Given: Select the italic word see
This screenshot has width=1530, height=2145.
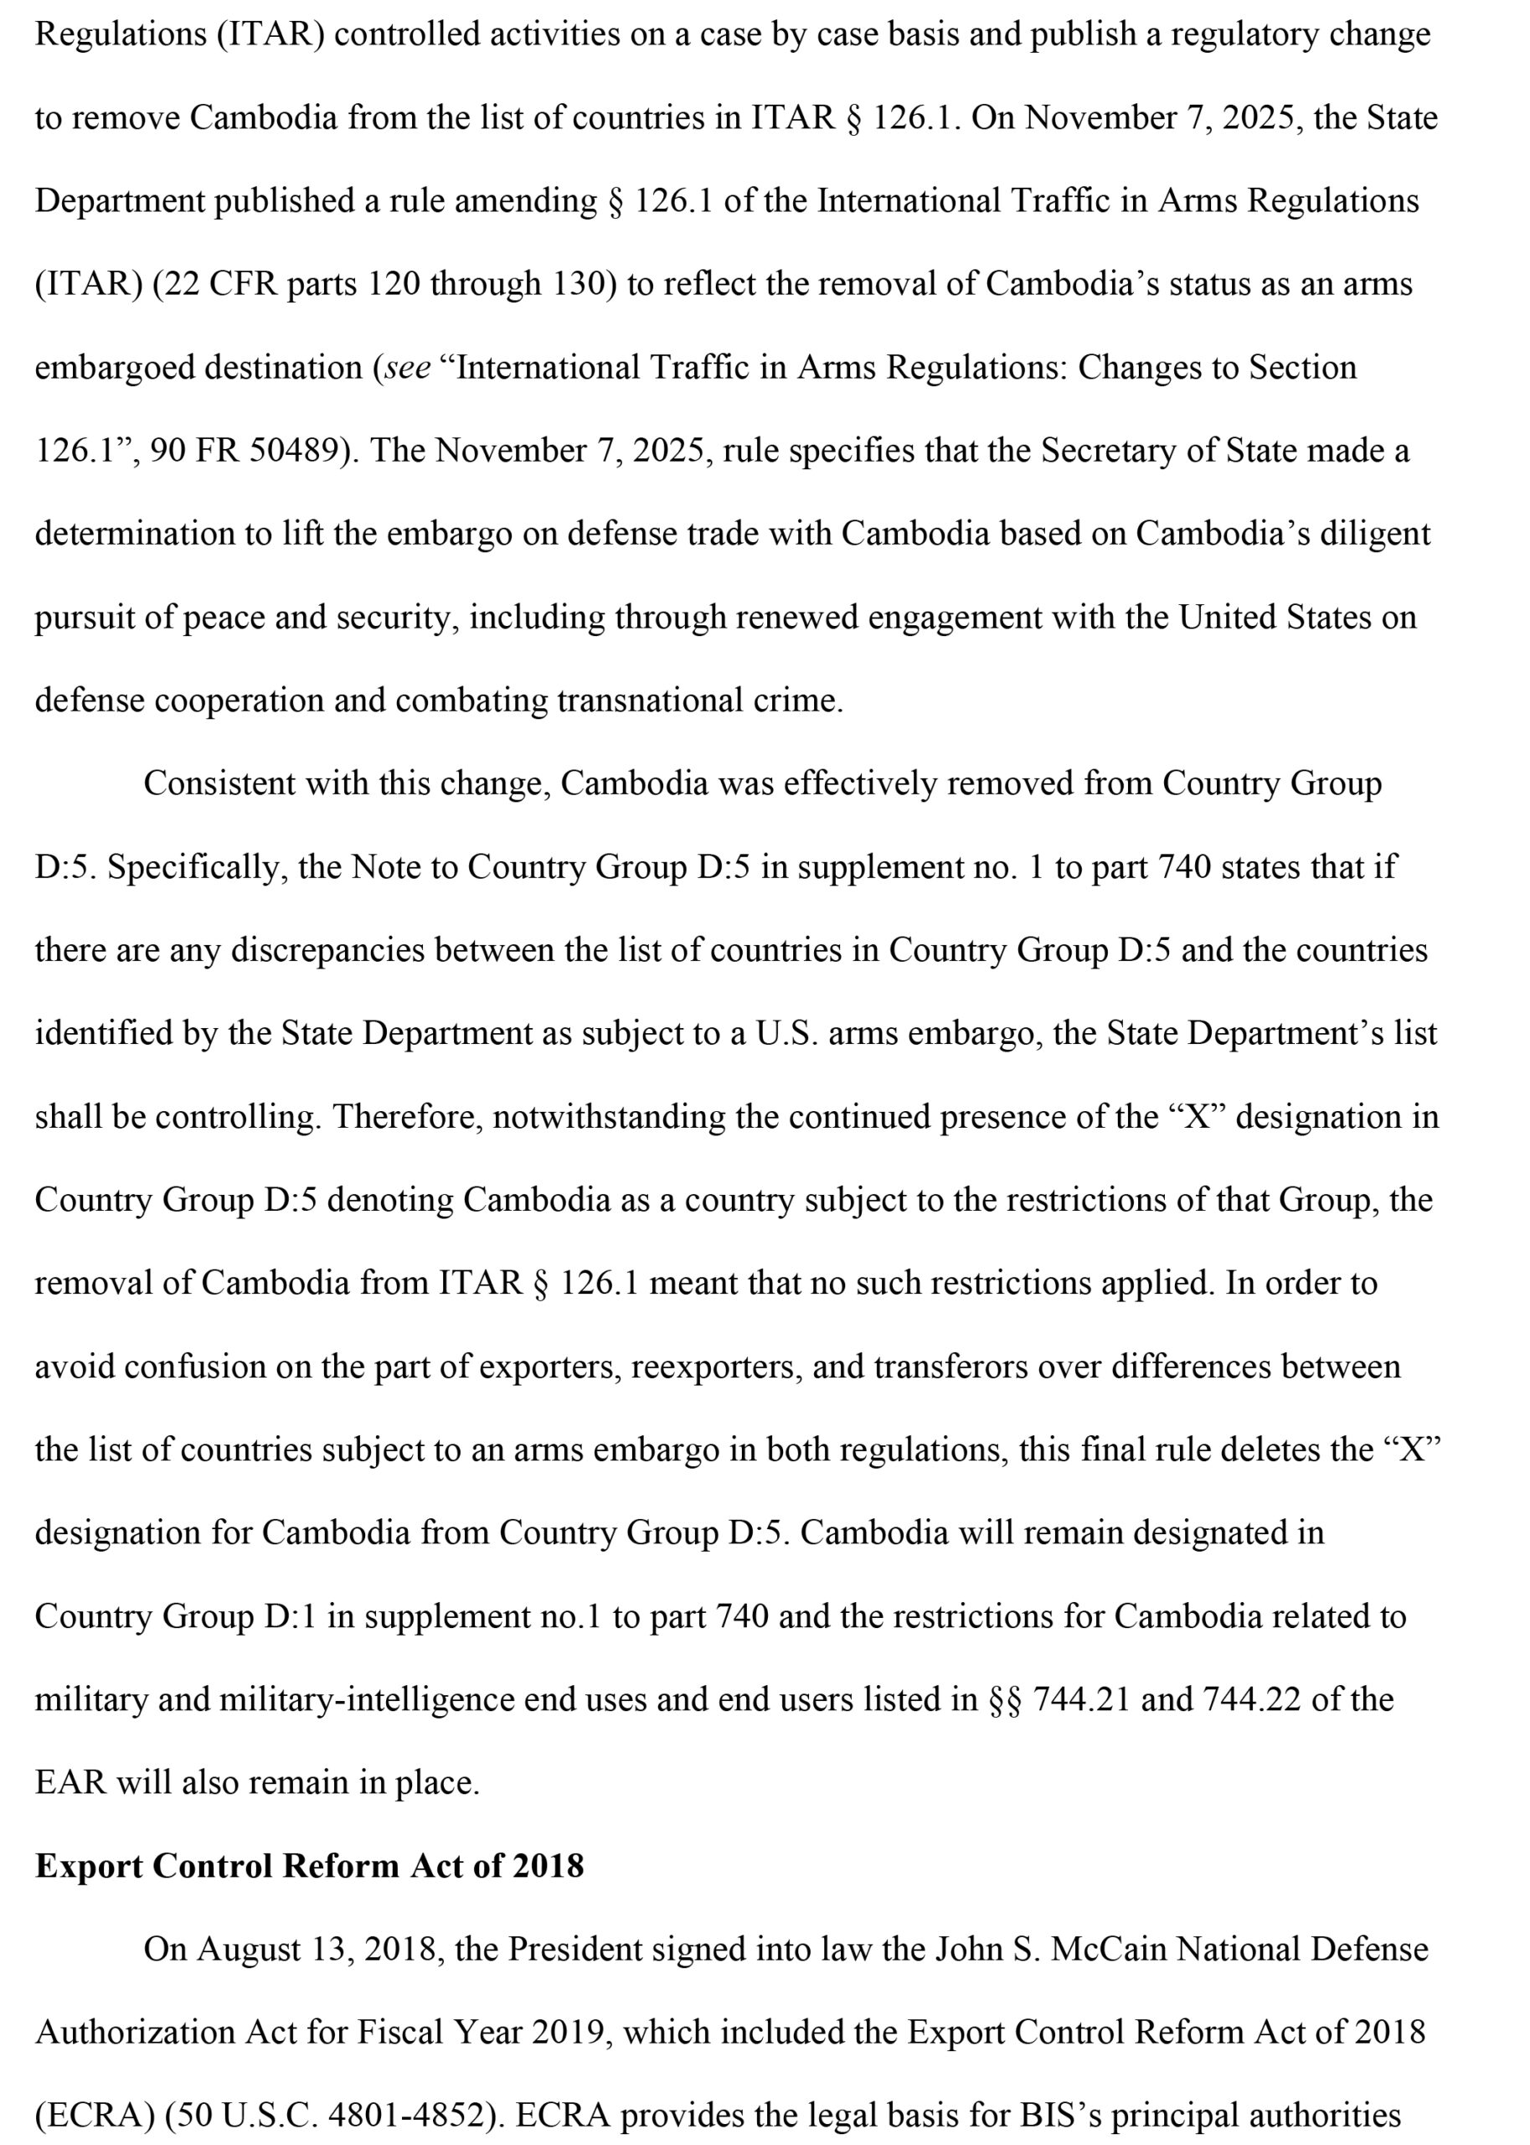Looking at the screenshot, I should [407, 368].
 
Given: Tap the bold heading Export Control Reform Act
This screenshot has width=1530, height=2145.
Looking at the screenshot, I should [309, 1865].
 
